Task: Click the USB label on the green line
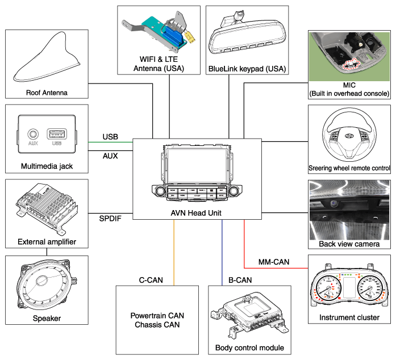click(x=110, y=137)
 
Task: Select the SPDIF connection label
click(x=110, y=219)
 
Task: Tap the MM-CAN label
click(x=274, y=262)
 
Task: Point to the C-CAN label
click(x=151, y=280)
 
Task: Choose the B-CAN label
click(x=240, y=280)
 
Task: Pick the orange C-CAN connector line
click(x=174, y=253)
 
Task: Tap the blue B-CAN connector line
click(x=222, y=253)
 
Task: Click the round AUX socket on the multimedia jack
click(x=33, y=134)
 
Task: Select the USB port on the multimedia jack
click(x=57, y=134)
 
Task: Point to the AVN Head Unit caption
click(x=196, y=213)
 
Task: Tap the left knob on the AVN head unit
click(x=160, y=191)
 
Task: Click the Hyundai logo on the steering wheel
click(x=349, y=136)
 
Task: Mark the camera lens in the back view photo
click(x=334, y=203)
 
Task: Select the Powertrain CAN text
click(x=157, y=316)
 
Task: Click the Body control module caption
click(x=249, y=348)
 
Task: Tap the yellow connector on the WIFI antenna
click(x=190, y=37)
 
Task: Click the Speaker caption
click(x=47, y=318)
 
